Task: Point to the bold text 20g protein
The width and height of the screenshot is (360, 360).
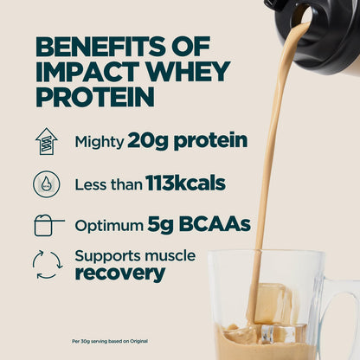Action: (x=187, y=140)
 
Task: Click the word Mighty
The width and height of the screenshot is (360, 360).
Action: (x=99, y=141)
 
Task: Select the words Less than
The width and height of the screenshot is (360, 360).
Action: (x=103, y=183)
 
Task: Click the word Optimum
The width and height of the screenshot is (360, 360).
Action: (x=108, y=225)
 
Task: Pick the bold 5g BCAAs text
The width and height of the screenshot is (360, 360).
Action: (x=198, y=224)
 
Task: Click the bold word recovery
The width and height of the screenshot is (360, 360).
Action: (x=119, y=273)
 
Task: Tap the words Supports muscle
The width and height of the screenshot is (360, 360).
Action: (x=135, y=256)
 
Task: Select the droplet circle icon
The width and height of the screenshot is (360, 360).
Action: (x=46, y=183)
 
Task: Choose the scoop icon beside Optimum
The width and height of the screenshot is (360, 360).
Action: (x=48, y=224)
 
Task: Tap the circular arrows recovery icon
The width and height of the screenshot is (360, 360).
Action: (x=47, y=265)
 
